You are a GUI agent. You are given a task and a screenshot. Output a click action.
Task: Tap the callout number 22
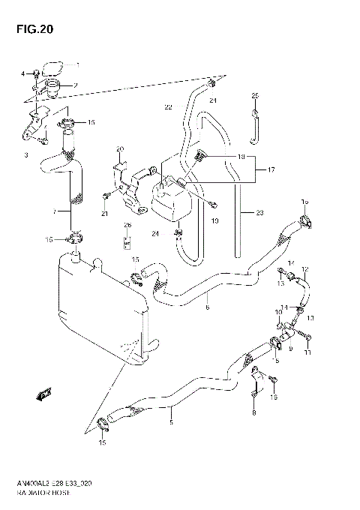[168, 107]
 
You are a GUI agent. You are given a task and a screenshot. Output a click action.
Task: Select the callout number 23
[259, 213]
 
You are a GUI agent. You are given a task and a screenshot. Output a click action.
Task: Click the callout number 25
[254, 95]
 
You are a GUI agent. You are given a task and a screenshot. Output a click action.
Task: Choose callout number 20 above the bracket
[119, 148]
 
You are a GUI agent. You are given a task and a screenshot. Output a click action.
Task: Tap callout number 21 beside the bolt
[105, 214]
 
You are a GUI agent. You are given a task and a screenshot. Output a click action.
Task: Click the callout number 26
[127, 225]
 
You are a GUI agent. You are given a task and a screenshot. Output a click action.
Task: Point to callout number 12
[304, 269]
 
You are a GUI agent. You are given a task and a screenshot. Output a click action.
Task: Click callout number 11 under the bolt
[307, 352]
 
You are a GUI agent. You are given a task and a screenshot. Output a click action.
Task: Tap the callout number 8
[253, 412]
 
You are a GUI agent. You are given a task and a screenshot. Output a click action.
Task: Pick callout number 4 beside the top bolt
[23, 73]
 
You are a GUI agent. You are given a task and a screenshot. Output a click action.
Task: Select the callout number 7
[54, 213]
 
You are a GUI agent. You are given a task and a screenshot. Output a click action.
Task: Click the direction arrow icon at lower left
[43, 393]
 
